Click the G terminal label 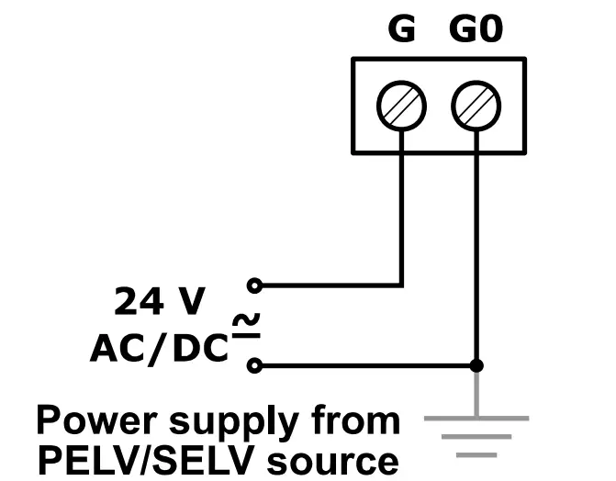[x=401, y=30]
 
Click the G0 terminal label [x=476, y=30]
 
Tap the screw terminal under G [x=401, y=106]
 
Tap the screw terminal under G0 [x=476, y=106]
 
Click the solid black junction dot [x=476, y=365]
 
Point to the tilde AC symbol [x=245, y=322]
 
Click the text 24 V [x=160, y=300]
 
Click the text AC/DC [x=158, y=346]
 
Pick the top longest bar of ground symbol [x=476, y=418]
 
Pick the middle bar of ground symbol [x=476, y=436]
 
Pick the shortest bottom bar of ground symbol [x=476, y=453]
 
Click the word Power [x=91, y=421]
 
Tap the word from [x=353, y=421]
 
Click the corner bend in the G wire [x=401, y=285]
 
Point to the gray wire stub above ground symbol [x=476, y=392]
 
